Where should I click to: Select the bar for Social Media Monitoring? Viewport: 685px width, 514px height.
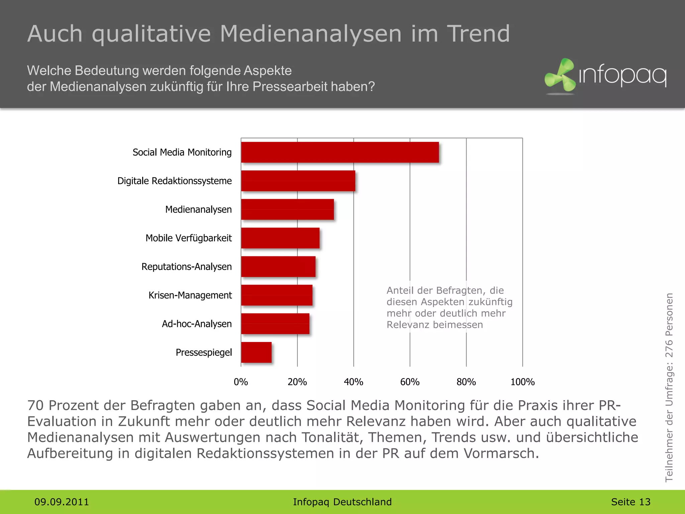pyautogui.click(x=339, y=152)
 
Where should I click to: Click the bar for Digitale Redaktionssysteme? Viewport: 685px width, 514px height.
pyautogui.click(x=298, y=181)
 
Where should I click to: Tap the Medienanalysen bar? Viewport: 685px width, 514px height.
pyautogui.click(x=287, y=209)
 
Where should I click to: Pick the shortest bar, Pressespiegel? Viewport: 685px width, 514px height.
pyautogui.click(x=256, y=352)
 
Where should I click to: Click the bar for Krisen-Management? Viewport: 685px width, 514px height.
pyautogui.click(x=277, y=295)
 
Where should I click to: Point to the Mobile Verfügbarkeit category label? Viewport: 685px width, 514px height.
pyautogui.click(x=188, y=238)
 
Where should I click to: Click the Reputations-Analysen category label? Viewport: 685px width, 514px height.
pyautogui.click(x=186, y=267)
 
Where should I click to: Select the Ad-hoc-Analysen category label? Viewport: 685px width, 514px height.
pyautogui.click(x=197, y=324)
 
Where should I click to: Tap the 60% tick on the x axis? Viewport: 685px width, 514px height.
pyautogui.click(x=410, y=382)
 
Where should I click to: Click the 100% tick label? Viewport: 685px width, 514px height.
pyautogui.click(x=522, y=382)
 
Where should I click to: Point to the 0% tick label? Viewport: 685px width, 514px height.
pyautogui.click(x=241, y=382)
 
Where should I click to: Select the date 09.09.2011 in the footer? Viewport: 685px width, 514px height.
pyautogui.click(x=62, y=502)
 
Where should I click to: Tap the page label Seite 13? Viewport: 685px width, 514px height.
pyautogui.click(x=630, y=502)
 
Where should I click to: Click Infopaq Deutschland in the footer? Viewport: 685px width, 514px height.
pyautogui.click(x=342, y=502)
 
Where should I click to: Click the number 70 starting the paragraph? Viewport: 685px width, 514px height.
pyautogui.click(x=35, y=405)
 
